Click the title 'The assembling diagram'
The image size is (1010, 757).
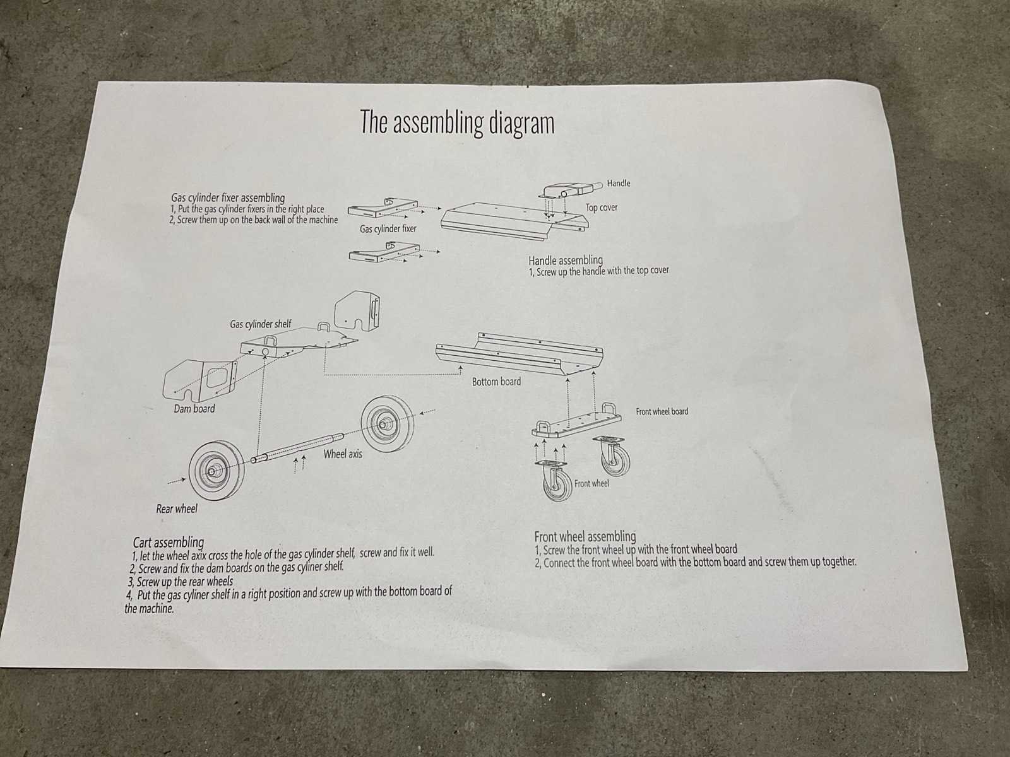457,123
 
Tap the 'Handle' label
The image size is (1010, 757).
619,184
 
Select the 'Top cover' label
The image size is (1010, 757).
602,208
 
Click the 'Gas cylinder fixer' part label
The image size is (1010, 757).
388,229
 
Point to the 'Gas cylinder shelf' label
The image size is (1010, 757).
261,324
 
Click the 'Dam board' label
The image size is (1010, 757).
194,409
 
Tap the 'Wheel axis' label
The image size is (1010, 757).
343,454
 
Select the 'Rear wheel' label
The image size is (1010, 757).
177,509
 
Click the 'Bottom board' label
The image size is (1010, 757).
497,382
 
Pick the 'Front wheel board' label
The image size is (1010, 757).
662,412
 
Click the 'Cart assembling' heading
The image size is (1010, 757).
169,543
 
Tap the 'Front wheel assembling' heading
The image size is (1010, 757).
585,536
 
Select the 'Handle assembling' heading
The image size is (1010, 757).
566,261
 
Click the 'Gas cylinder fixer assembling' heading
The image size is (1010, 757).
228,198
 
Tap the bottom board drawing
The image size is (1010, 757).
519,353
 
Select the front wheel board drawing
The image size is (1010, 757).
576,422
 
